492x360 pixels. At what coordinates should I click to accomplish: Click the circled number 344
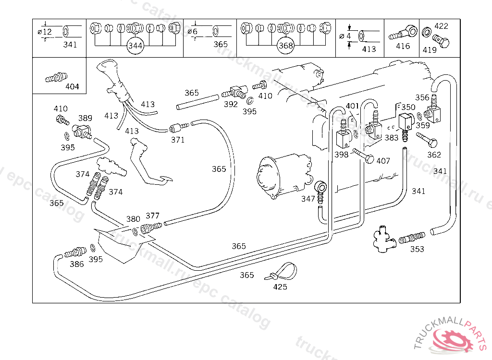point(135,46)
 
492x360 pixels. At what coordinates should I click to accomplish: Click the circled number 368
point(286,46)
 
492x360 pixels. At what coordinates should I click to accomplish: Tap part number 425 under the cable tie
point(280,287)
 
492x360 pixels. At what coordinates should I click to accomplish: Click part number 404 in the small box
point(72,87)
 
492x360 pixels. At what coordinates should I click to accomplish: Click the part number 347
point(308,198)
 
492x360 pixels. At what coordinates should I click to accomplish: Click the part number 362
point(434,155)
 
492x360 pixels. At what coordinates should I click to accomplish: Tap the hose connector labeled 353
point(412,238)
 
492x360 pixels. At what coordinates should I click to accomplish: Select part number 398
point(341,155)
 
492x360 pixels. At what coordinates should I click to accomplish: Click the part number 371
point(178,140)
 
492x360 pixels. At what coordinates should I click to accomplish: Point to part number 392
point(231,104)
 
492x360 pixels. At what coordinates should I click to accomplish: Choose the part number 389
point(85,118)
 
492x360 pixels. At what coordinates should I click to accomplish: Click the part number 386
point(76,264)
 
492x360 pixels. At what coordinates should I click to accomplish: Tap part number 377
point(152,216)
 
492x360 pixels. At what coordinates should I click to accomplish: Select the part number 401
point(352,106)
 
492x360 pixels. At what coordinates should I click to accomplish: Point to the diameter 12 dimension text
point(45,32)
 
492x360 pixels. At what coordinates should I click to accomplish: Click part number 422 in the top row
point(441,26)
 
